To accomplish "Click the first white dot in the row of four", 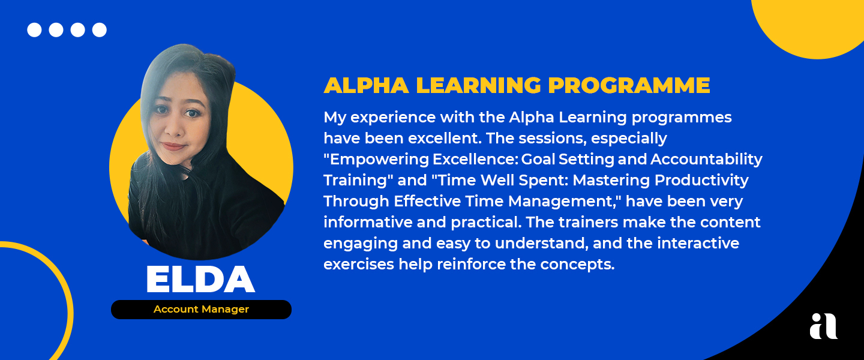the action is coord(34,30).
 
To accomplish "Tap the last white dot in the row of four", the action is coord(100,30).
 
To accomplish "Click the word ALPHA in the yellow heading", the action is coord(367,85).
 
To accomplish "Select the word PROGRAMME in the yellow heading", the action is coord(629,85).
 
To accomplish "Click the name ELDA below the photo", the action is coord(200,279).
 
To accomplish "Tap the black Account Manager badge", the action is coord(202,310).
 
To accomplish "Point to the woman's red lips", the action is coord(173,146).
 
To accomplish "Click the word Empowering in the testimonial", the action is coord(380,160).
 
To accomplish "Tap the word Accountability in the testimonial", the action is coord(707,160).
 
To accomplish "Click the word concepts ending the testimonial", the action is coord(577,265).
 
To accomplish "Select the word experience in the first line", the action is coord(393,117).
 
